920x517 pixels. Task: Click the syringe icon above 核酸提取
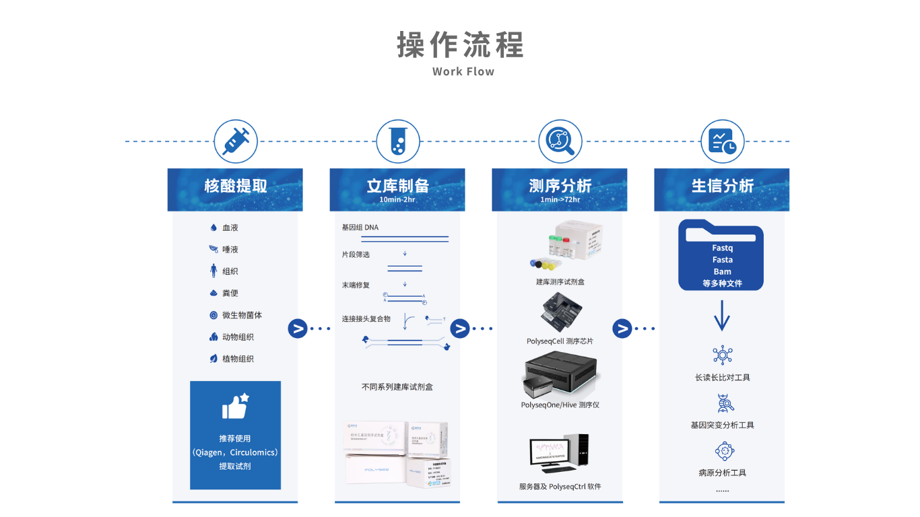[236, 141]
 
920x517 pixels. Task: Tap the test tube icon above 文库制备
[397, 141]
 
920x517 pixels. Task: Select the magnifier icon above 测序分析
[560, 141]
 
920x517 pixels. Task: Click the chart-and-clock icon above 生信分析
[722, 141]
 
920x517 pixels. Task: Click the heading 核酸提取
[236, 186]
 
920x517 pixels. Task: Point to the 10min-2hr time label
[397, 200]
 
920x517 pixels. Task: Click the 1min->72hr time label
[560, 200]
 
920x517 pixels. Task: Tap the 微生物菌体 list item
[242, 315]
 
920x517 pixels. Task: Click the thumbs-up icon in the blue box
[235, 407]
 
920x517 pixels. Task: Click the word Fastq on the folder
[722, 248]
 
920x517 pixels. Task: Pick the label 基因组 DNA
[360, 228]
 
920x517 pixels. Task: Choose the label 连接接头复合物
[366, 318]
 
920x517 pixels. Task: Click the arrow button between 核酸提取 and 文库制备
[298, 329]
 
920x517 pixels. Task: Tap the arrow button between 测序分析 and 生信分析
[622, 329]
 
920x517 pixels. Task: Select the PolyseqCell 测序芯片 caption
[560, 341]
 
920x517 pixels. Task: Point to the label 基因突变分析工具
[722, 425]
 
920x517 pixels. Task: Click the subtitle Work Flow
[463, 71]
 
